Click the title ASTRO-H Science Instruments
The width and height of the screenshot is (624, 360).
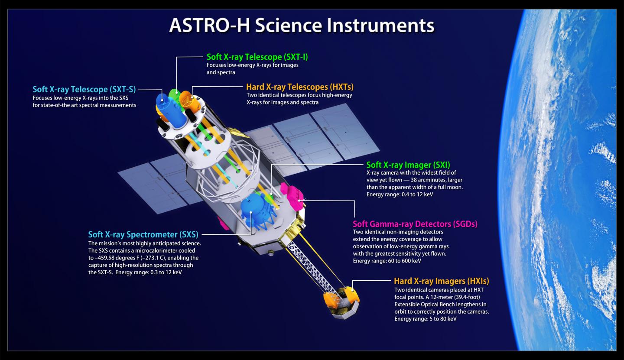pyautogui.click(x=302, y=25)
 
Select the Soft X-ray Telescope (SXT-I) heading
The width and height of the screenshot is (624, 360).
pyautogui.click(x=257, y=57)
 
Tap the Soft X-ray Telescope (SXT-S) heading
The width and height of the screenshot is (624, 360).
pyautogui.click(x=84, y=89)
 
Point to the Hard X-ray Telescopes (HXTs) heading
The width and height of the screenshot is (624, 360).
pyautogui.click(x=300, y=87)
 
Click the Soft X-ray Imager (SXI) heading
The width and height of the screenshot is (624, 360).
pyautogui.click(x=408, y=165)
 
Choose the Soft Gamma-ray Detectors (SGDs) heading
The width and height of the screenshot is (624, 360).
pyautogui.click(x=415, y=224)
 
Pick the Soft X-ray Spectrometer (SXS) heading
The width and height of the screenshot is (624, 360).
pyautogui.click(x=143, y=234)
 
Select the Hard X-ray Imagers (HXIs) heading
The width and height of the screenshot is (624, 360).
pyautogui.click(x=441, y=281)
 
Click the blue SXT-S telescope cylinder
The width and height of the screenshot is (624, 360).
pyautogui.click(x=171, y=111)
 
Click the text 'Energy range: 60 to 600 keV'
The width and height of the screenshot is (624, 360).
pyautogui.click(x=387, y=261)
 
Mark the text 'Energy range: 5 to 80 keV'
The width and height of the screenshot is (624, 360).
pyautogui.click(x=426, y=319)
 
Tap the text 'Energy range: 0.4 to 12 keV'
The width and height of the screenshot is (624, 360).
pyautogui.click(x=400, y=195)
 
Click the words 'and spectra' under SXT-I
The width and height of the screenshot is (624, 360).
pyautogui.click(x=221, y=72)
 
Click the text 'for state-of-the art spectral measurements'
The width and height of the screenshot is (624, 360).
pyautogui.click(x=84, y=105)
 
